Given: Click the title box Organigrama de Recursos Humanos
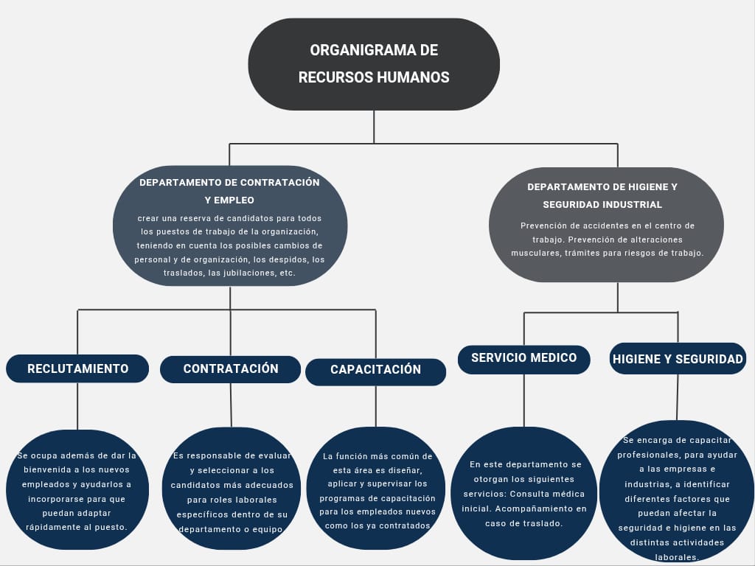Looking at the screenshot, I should pyautogui.click(x=374, y=64).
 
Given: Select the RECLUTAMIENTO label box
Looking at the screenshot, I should pyautogui.click(x=77, y=368).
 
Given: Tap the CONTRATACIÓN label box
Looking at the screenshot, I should pyautogui.click(x=230, y=368).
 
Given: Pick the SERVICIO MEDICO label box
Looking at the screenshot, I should pyautogui.click(x=523, y=358).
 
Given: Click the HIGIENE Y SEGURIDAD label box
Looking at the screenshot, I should pyautogui.click(x=678, y=359).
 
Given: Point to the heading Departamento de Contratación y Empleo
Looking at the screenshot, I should pyautogui.click(x=229, y=191).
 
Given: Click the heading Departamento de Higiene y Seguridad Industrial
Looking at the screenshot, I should pyautogui.click(x=602, y=195).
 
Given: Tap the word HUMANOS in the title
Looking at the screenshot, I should pyautogui.click(x=412, y=77).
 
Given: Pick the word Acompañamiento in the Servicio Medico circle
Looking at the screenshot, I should pyautogui.click(x=543, y=509).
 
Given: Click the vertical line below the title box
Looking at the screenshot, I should pyautogui.click(x=374, y=126).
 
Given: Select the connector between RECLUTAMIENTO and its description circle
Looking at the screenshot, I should pyautogui.click(x=77, y=405).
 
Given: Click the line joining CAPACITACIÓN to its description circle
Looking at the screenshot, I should pyautogui.click(x=376, y=406).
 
